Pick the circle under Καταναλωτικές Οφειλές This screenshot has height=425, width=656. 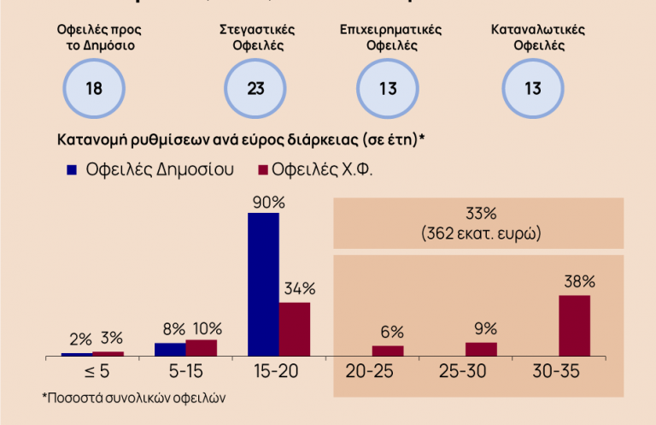tap(532, 88)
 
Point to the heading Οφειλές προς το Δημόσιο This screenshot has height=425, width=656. tap(95, 37)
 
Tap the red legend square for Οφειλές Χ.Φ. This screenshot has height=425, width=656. tap(264, 169)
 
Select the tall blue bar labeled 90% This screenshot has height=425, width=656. tap(263, 284)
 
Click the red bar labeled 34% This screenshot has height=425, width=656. tap(295, 328)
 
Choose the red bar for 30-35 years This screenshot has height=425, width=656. tap(574, 325)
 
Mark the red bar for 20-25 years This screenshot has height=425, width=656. tap(388, 351)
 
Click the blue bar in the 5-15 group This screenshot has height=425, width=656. tap(170, 349)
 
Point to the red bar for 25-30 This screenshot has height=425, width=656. tap(481, 349)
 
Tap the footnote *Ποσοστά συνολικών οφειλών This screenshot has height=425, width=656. tap(134, 398)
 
